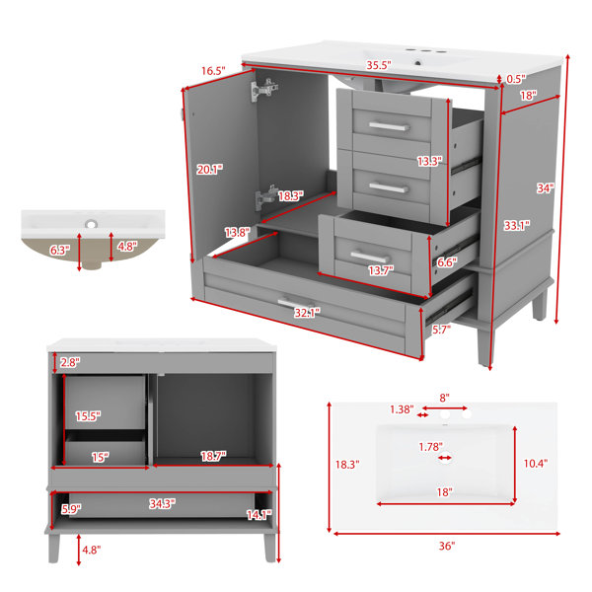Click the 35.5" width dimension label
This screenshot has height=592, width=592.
pyautogui.click(x=379, y=65)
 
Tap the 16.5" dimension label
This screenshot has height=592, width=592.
pyautogui.click(x=213, y=71)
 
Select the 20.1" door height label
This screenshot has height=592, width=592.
pyautogui.click(x=209, y=170)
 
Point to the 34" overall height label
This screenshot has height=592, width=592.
pyautogui.click(x=546, y=188)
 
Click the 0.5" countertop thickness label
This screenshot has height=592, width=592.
pyautogui.click(x=516, y=79)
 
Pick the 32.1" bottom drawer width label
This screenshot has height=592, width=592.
pyautogui.click(x=307, y=313)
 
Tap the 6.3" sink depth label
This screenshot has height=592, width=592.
pyautogui.click(x=60, y=250)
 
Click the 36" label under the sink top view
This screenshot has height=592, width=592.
pyautogui.click(x=447, y=546)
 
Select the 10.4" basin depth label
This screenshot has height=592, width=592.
pyautogui.click(x=536, y=464)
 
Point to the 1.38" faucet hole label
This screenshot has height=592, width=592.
pyautogui.click(x=402, y=409)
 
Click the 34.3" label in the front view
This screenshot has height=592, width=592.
pyautogui.click(x=162, y=503)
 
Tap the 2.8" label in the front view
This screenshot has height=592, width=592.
pyautogui.click(x=70, y=362)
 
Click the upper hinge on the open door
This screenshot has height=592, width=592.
pyautogui.click(x=264, y=90)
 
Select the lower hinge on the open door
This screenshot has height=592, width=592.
pyautogui.click(x=265, y=197)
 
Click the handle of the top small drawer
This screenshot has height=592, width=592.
pyautogui.click(x=389, y=126)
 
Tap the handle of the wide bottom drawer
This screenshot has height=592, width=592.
pyautogui.click(x=295, y=304)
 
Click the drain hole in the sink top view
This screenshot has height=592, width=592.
pyautogui.click(x=446, y=456)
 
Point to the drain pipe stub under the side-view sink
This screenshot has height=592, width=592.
pyautogui.click(x=93, y=265)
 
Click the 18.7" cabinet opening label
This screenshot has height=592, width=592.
pyautogui.click(x=213, y=456)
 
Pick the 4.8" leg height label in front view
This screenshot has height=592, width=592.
pyautogui.click(x=92, y=550)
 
